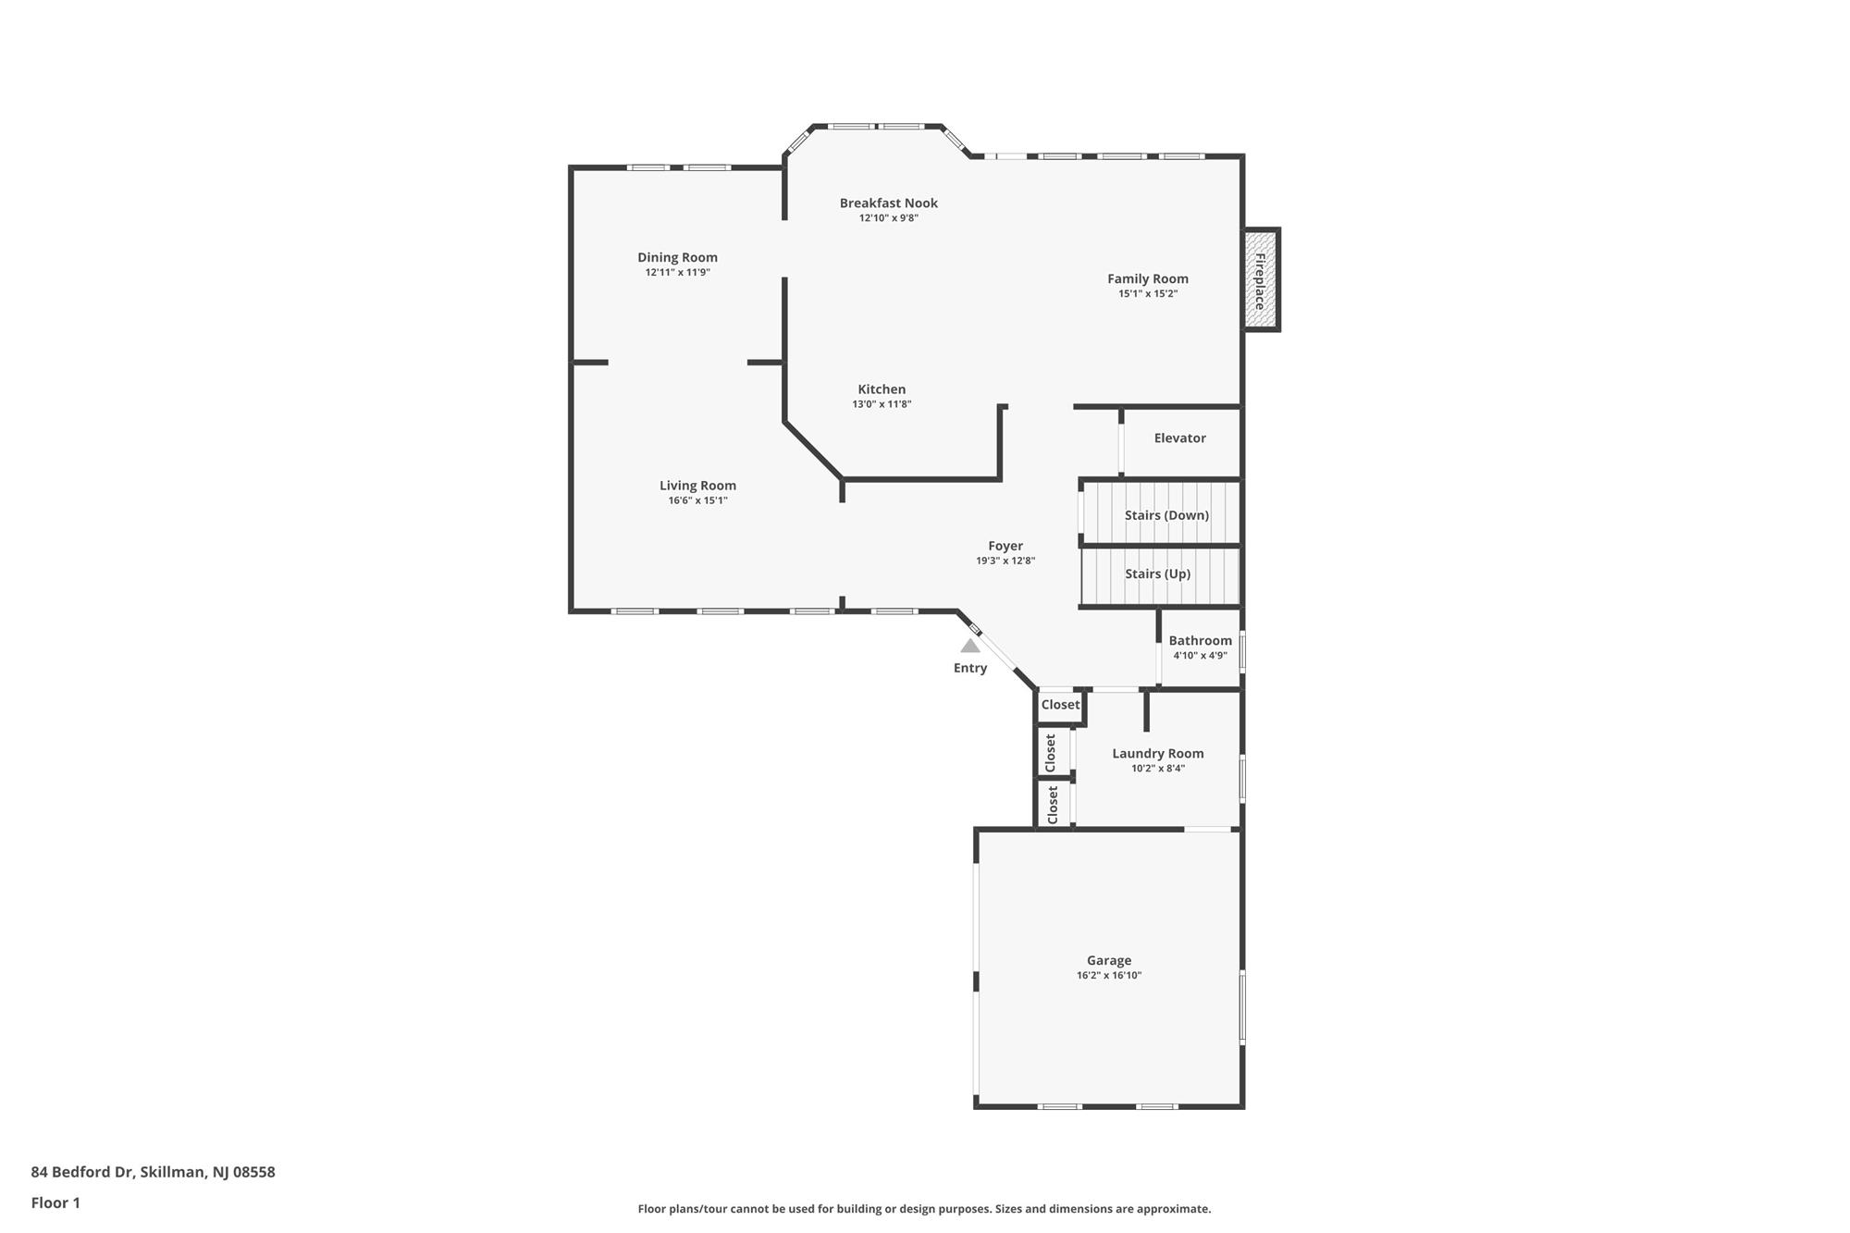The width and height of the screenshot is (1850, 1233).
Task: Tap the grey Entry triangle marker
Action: tap(969, 646)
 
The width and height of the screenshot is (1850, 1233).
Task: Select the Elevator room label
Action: tap(1179, 438)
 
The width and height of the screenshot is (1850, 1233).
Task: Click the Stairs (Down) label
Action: tap(1166, 515)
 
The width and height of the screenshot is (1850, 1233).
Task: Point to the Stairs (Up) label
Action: tap(1157, 573)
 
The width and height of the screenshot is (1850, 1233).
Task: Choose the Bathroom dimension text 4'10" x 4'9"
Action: tap(1200, 656)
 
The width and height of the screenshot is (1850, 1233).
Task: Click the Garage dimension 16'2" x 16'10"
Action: tap(1109, 975)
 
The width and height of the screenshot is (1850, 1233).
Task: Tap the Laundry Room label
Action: tap(1157, 753)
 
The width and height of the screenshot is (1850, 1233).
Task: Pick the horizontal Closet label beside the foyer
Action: tap(1060, 705)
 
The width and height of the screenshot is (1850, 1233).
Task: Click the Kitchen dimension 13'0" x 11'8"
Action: tap(882, 404)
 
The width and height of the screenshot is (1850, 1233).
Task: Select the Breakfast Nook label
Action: tap(888, 203)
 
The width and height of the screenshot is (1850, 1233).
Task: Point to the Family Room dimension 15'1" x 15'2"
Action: tap(1147, 294)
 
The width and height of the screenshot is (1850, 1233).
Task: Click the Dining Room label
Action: tap(677, 257)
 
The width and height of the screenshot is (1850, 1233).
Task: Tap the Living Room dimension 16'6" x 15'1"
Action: tap(697, 500)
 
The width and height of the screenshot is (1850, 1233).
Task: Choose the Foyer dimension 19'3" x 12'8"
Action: tap(1005, 561)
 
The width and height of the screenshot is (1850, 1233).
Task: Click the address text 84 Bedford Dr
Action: tap(81, 1172)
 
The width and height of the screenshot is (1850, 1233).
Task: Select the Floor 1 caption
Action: tap(55, 1202)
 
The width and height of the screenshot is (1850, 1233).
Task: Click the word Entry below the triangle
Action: tap(969, 668)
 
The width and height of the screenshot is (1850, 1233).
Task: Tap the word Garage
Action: tap(1109, 960)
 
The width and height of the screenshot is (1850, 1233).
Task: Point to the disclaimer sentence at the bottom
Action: tap(924, 1209)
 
